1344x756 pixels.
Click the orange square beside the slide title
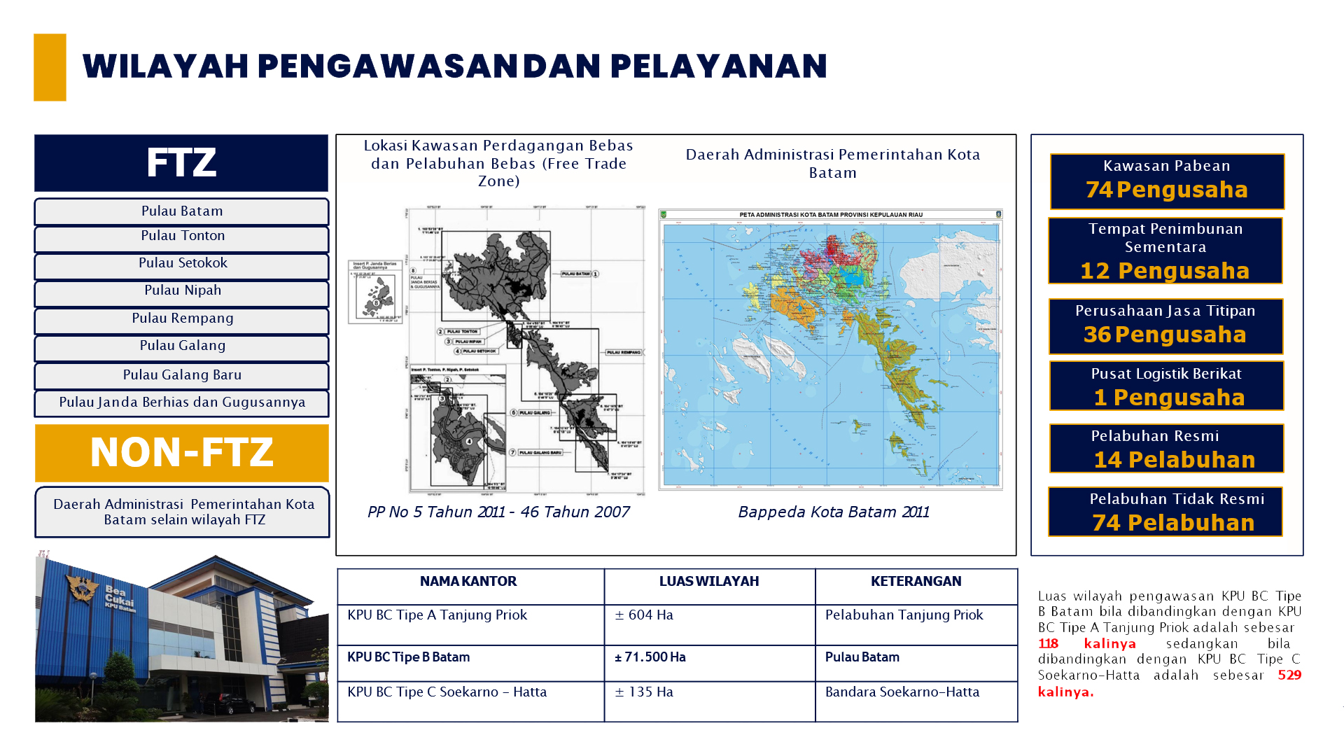(x=50, y=67)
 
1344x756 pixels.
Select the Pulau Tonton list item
(x=182, y=237)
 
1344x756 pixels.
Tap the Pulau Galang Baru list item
(x=182, y=375)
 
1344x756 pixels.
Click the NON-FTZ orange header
(x=181, y=452)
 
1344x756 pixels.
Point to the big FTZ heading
(x=181, y=162)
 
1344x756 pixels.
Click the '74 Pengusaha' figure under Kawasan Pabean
(x=1166, y=190)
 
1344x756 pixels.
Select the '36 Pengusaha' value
(x=1165, y=335)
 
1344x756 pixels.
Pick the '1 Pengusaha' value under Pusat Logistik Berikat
(x=1169, y=398)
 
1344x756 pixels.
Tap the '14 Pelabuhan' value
(x=1174, y=460)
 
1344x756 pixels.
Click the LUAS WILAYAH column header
(x=708, y=581)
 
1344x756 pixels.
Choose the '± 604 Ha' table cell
(x=644, y=615)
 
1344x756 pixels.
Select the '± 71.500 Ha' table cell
(x=650, y=657)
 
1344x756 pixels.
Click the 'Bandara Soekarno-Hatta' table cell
(x=902, y=692)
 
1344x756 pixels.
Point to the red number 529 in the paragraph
(x=1289, y=675)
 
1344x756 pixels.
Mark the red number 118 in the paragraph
(x=1048, y=644)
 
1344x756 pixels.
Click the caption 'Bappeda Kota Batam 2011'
(x=833, y=512)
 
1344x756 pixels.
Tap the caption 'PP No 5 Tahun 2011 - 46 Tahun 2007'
(x=498, y=512)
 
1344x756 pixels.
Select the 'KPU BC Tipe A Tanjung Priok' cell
(x=437, y=615)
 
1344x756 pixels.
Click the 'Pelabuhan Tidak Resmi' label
(x=1177, y=499)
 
